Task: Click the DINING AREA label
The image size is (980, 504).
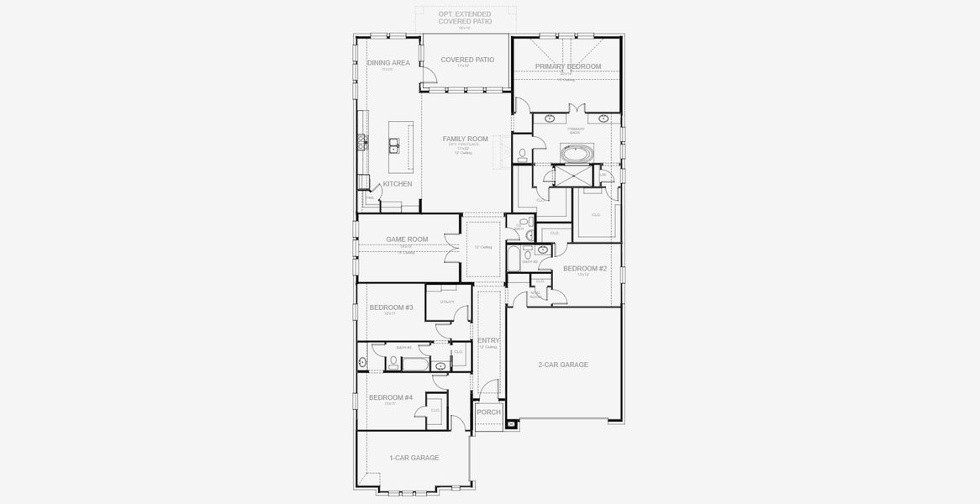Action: [x=388, y=63]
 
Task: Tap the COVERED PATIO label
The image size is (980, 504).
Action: [x=466, y=60]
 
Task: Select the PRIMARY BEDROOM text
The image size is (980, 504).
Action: [x=568, y=66]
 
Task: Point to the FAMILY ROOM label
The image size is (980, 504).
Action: [x=466, y=139]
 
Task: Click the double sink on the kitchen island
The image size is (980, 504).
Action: [x=393, y=147]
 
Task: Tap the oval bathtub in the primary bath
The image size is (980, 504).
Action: [x=576, y=155]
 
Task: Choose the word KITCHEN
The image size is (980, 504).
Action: [x=398, y=184]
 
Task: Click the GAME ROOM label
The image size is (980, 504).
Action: [x=407, y=239]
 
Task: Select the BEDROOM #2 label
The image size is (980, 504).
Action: [x=584, y=269]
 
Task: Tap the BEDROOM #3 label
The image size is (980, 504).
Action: [x=391, y=307]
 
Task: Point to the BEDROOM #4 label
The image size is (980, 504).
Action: [x=391, y=397]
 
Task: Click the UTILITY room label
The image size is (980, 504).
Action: [x=447, y=302]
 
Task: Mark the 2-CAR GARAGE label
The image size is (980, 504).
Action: [x=562, y=365]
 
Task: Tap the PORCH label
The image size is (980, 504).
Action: [x=488, y=412]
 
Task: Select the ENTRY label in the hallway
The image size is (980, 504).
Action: [x=488, y=340]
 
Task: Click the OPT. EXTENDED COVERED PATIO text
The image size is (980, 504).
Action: [x=465, y=18]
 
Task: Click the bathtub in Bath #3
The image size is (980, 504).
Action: [x=415, y=364]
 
